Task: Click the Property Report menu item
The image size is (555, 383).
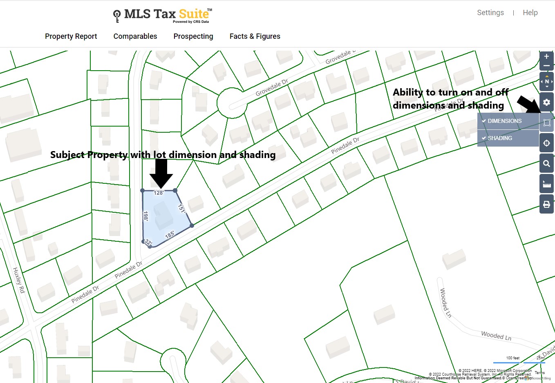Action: coord(71,36)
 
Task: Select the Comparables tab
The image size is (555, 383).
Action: coord(135,36)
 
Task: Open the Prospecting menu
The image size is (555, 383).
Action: coord(193,36)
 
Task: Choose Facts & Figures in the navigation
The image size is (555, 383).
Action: coord(255,36)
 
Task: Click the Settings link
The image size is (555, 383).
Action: coord(490,13)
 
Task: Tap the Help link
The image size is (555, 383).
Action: coord(530,13)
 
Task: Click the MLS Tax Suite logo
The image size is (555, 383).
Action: coord(163,16)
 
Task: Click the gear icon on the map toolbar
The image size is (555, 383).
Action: coord(546,102)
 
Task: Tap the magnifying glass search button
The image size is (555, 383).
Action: coord(546,164)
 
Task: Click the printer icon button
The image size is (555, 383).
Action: coord(546,204)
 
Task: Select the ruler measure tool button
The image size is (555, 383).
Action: coord(546,184)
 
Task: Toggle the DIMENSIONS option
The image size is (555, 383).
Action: coord(504,121)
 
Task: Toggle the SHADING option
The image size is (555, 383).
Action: coord(499,138)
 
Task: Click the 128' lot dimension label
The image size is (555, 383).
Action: coord(159,193)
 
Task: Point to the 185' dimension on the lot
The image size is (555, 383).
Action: coord(170,235)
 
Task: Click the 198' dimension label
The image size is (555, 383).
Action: coord(145,216)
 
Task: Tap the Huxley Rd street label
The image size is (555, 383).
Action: coord(19,280)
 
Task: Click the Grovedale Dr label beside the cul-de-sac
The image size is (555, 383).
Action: coord(272,87)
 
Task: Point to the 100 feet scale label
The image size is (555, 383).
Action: coord(512,358)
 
